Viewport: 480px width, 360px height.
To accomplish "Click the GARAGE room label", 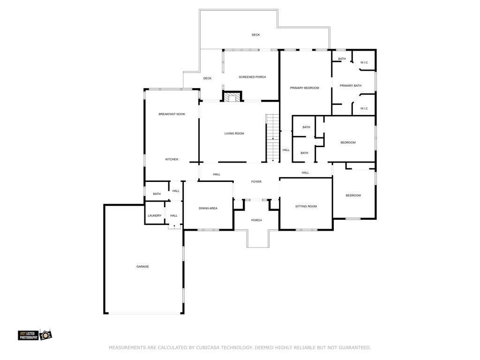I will tap(142, 267).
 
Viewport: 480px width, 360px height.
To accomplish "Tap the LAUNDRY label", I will tap(155, 216).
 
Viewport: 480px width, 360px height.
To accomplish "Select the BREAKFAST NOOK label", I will tap(172, 114).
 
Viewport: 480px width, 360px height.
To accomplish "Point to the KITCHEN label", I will tap(172, 159).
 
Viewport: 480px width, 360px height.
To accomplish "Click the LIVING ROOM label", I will tap(234, 134).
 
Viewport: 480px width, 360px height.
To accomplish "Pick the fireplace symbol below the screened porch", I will tap(231, 97).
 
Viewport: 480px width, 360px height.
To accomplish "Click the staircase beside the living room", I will tap(272, 138).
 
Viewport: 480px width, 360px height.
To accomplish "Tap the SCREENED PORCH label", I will tap(252, 77).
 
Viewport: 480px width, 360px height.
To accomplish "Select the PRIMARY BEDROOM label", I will tap(304, 88).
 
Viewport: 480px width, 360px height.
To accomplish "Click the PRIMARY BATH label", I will tap(351, 86).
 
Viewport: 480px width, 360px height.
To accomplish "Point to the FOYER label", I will tap(256, 182).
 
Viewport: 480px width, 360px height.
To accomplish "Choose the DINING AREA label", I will tap(208, 208).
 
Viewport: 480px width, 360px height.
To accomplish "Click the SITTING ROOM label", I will tap(306, 206).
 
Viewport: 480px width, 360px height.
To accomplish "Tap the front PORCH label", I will tap(256, 220).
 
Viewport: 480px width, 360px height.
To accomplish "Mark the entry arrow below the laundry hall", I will tap(174, 226).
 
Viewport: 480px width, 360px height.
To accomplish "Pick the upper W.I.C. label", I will tap(364, 63).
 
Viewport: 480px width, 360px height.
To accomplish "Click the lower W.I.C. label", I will tap(364, 109).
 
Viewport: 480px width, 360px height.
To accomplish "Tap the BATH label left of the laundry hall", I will tap(157, 194).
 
